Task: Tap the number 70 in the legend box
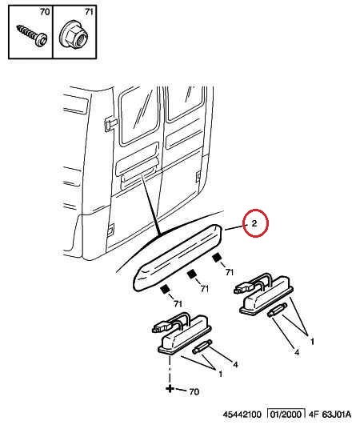(x=45, y=12)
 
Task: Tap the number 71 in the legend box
(x=89, y=12)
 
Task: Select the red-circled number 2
(x=254, y=223)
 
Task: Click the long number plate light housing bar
(x=178, y=258)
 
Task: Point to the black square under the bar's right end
(x=217, y=258)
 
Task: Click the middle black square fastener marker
(x=191, y=274)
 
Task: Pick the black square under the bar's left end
(x=164, y=290)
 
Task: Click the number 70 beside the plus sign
(x=194, y=391)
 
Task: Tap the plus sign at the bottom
(x=170, y=389)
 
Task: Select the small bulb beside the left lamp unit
(x=202, y=347)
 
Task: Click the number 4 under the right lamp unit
(x=297, y=352)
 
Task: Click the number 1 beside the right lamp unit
(x=312, y=342)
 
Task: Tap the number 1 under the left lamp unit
(x=220, y=374)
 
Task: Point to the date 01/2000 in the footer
(x=286, y=414)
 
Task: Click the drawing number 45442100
(x=242, y=415)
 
